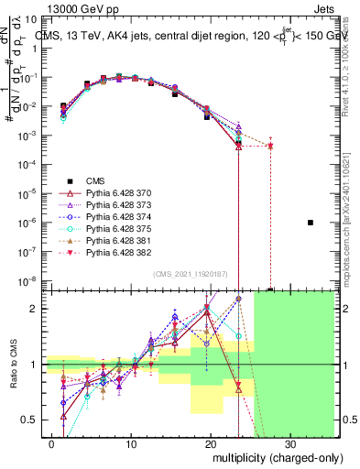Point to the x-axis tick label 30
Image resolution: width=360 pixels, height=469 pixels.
(x=290, y=442)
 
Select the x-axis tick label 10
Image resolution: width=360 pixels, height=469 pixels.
(x=132, y=442)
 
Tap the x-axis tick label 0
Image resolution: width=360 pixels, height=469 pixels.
(x=53, y=442)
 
